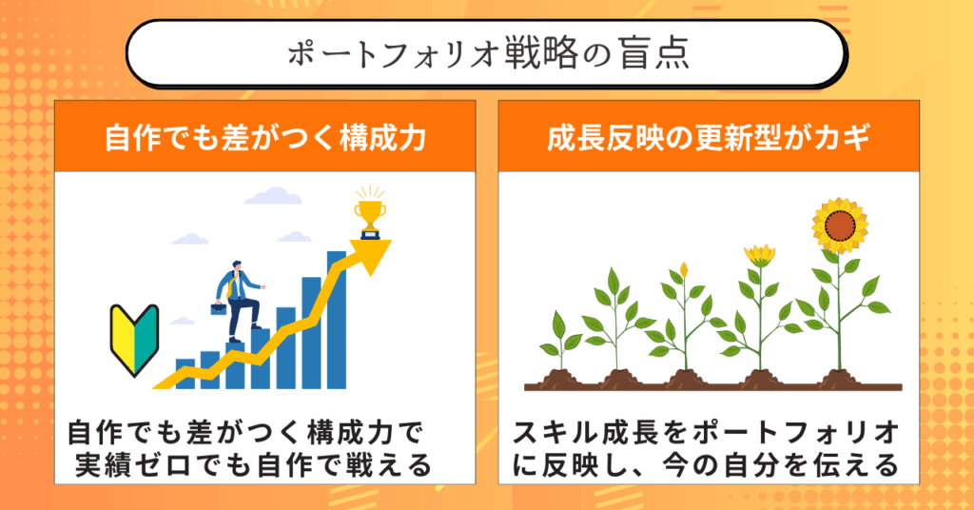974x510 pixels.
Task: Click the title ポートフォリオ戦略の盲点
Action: point(488,53)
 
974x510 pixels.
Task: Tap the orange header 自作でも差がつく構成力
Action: point(265,137)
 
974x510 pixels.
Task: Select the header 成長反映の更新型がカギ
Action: point(709,137)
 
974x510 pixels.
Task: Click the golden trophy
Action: point(370,212)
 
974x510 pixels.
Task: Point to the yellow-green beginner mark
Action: point(134,339)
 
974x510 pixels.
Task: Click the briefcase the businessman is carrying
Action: point(218,308)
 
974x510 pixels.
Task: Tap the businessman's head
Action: point(236,265)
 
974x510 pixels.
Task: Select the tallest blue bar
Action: point(336,320)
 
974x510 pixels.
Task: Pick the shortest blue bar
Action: point(185,374)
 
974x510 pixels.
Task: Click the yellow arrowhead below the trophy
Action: point(371,256)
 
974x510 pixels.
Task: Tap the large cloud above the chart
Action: point(273,196)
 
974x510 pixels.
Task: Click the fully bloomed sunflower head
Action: point(840,226)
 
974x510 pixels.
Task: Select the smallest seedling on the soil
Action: point(559,341)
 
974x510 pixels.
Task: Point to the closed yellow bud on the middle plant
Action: point(684,270)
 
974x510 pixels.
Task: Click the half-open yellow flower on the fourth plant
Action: point(760,255)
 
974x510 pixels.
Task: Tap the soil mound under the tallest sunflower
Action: point(839,379)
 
